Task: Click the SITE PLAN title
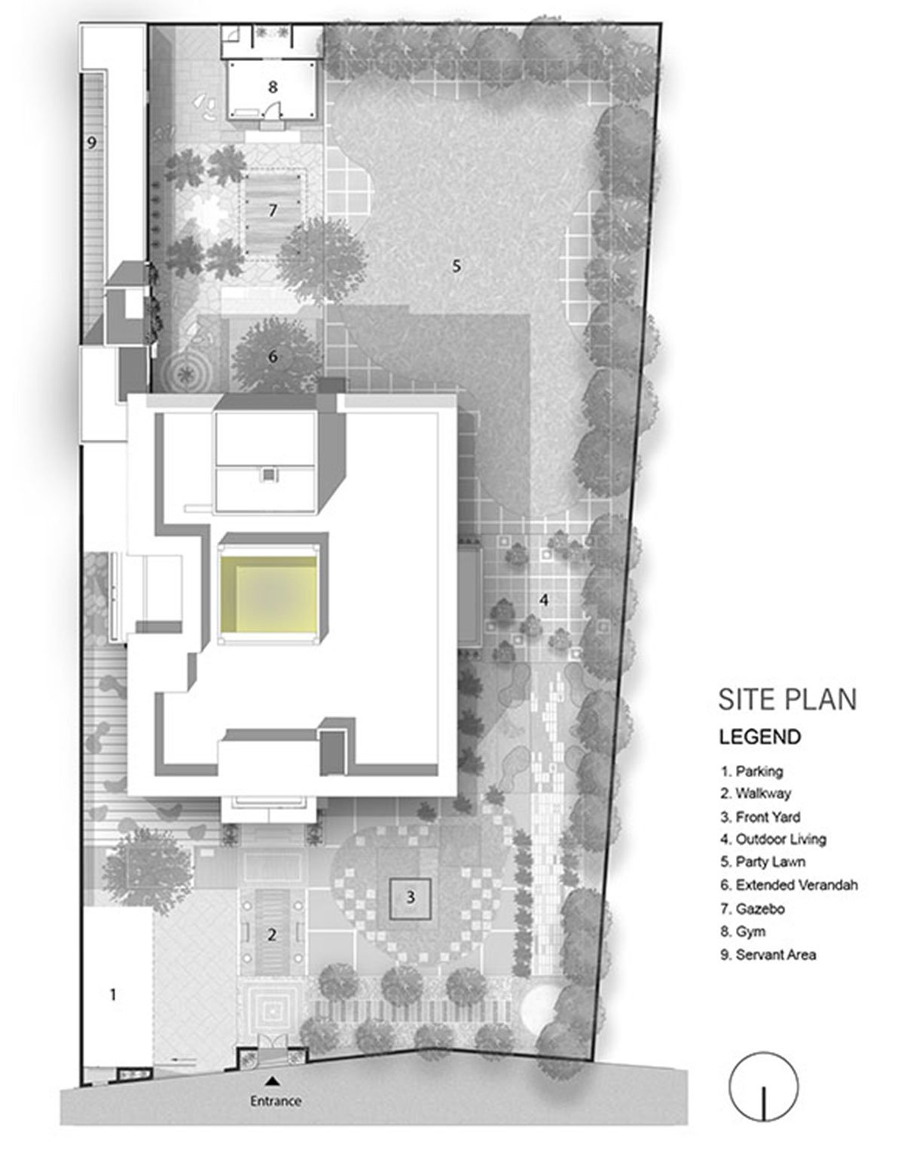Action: click(x=787, y=699)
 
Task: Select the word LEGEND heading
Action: click(x=760, y=736)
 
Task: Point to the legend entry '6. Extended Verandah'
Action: click(x=789, y=885)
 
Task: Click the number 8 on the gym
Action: click(x=273, y=87)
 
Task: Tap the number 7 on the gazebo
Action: click(x=273, y=211)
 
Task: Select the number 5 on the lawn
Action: click(x=455, y=265)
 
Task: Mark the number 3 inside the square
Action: click(x=411, y=897)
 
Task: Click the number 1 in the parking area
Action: click(x=113, y=995)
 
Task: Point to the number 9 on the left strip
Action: click(x=91, y=144)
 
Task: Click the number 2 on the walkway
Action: click(x=272, y=935)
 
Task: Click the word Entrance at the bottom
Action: click(x=275, y=1102)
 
